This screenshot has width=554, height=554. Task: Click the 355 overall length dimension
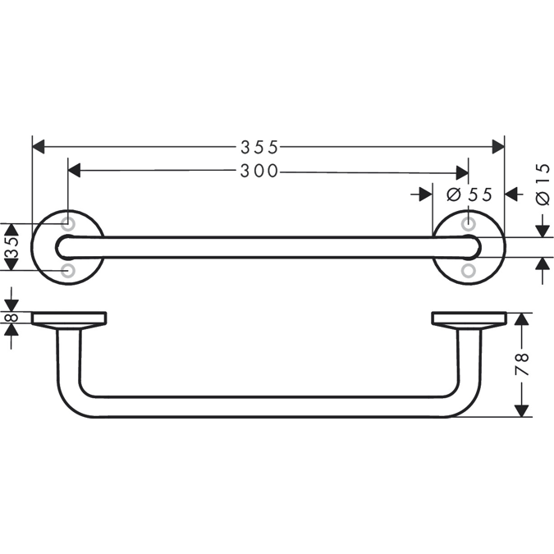pos(259,147)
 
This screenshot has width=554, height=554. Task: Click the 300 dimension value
pos(259,172)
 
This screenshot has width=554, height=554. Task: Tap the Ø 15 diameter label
pos(542,185)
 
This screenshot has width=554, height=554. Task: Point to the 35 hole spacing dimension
pos(11,247)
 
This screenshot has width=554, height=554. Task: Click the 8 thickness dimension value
pos(11,319)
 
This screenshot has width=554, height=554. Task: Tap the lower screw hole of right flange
pos(468,269)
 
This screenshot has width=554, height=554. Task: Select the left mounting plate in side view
pos(69,318)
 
